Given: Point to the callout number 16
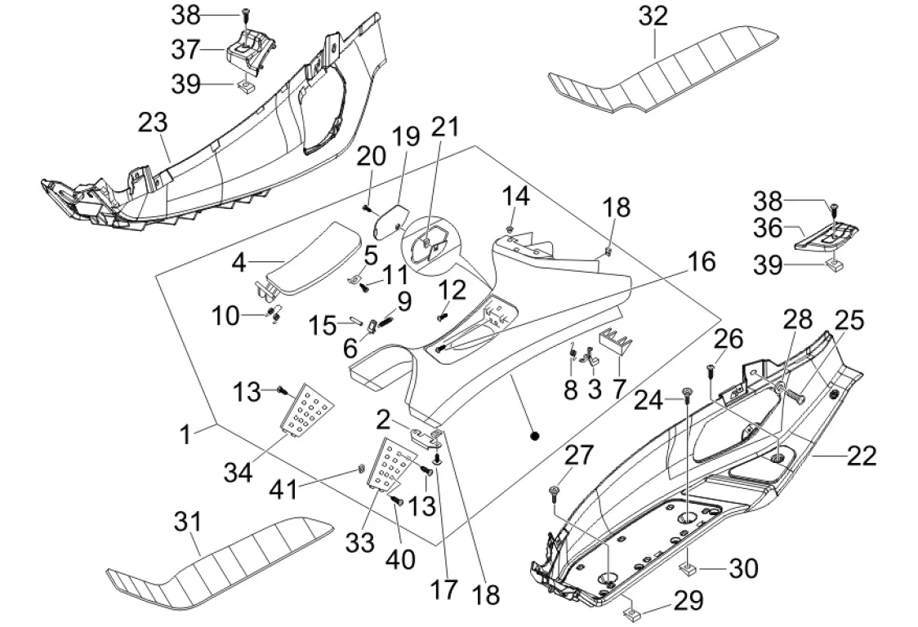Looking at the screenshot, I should tap(700, 263).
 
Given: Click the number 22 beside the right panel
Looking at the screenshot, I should tap(862, 455).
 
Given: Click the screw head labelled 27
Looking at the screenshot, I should tap(555, 489).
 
